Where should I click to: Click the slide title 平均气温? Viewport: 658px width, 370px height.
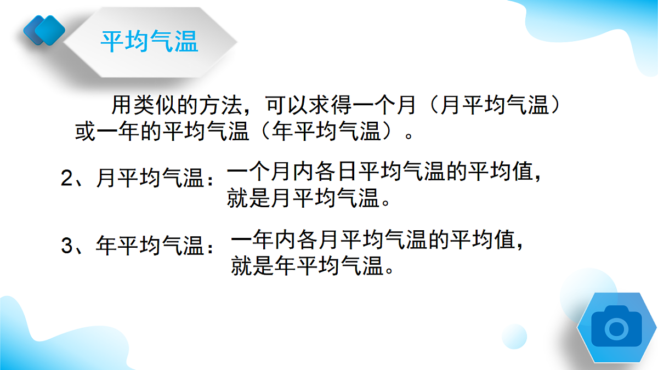pyautogui.click(x=149, y=42)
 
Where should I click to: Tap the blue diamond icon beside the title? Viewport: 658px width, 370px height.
pyautogui.click(x=44, y=29)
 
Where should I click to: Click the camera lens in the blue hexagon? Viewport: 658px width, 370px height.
pyautogui.click(x=617, y=328)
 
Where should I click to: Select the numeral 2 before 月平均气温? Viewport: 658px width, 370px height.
pyautogui.click(x=67, y=178)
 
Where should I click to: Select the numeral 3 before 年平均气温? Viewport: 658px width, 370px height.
pyautogui.click(x=67, y=246)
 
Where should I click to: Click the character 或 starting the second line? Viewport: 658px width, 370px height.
pyautogui.click(x=85, y=132)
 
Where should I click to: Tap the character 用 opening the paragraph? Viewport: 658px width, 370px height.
pyautogui.click(x=122, y=104)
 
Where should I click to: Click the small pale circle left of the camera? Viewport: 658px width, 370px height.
pyautogui.click(x=514, y=336)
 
